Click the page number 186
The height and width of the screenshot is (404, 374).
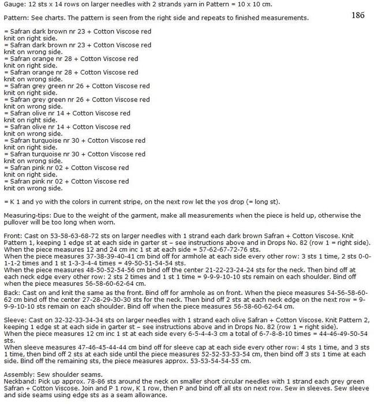[358, 15]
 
